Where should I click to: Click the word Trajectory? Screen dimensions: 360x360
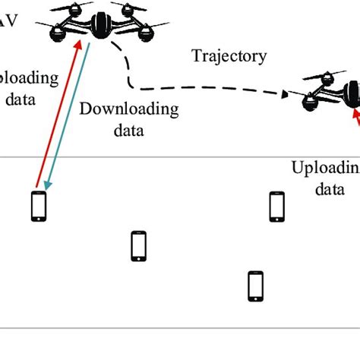click(x=229, y=55)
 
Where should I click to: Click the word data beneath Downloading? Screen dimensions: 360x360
click(x=129, y=130)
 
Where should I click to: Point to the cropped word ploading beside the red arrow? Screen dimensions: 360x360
click(x=28, y=77)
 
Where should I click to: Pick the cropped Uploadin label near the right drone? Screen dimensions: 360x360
click(x=325, y=169)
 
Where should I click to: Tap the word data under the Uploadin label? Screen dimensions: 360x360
click(x=331, y=188)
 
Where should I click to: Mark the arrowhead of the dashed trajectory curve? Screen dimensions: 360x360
click(x=285, y=94)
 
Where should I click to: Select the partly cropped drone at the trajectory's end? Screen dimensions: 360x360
click(x=333, y=93)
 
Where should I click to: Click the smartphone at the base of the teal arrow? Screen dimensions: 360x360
click(x=38, y=207)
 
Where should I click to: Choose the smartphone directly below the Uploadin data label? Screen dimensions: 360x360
click(x=277, y=206)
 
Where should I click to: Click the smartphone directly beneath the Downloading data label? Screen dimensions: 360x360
click(x=138, y=246)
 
